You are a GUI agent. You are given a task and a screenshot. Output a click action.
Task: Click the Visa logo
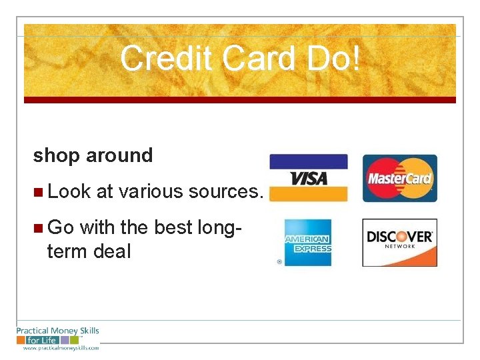308,178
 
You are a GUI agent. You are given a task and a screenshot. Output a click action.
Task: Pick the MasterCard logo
399,178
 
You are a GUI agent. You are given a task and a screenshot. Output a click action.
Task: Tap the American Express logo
307,242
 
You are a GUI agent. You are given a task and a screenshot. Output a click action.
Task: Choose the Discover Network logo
399,242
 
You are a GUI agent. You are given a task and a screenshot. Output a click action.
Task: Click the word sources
226,192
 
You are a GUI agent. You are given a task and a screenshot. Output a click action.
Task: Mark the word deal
111,251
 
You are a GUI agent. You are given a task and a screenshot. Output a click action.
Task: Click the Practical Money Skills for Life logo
57,335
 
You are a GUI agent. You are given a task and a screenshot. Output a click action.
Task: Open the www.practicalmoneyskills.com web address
61,347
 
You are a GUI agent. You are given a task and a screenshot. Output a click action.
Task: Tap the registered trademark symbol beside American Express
279,262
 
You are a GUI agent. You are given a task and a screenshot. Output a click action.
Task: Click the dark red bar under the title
240,100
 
